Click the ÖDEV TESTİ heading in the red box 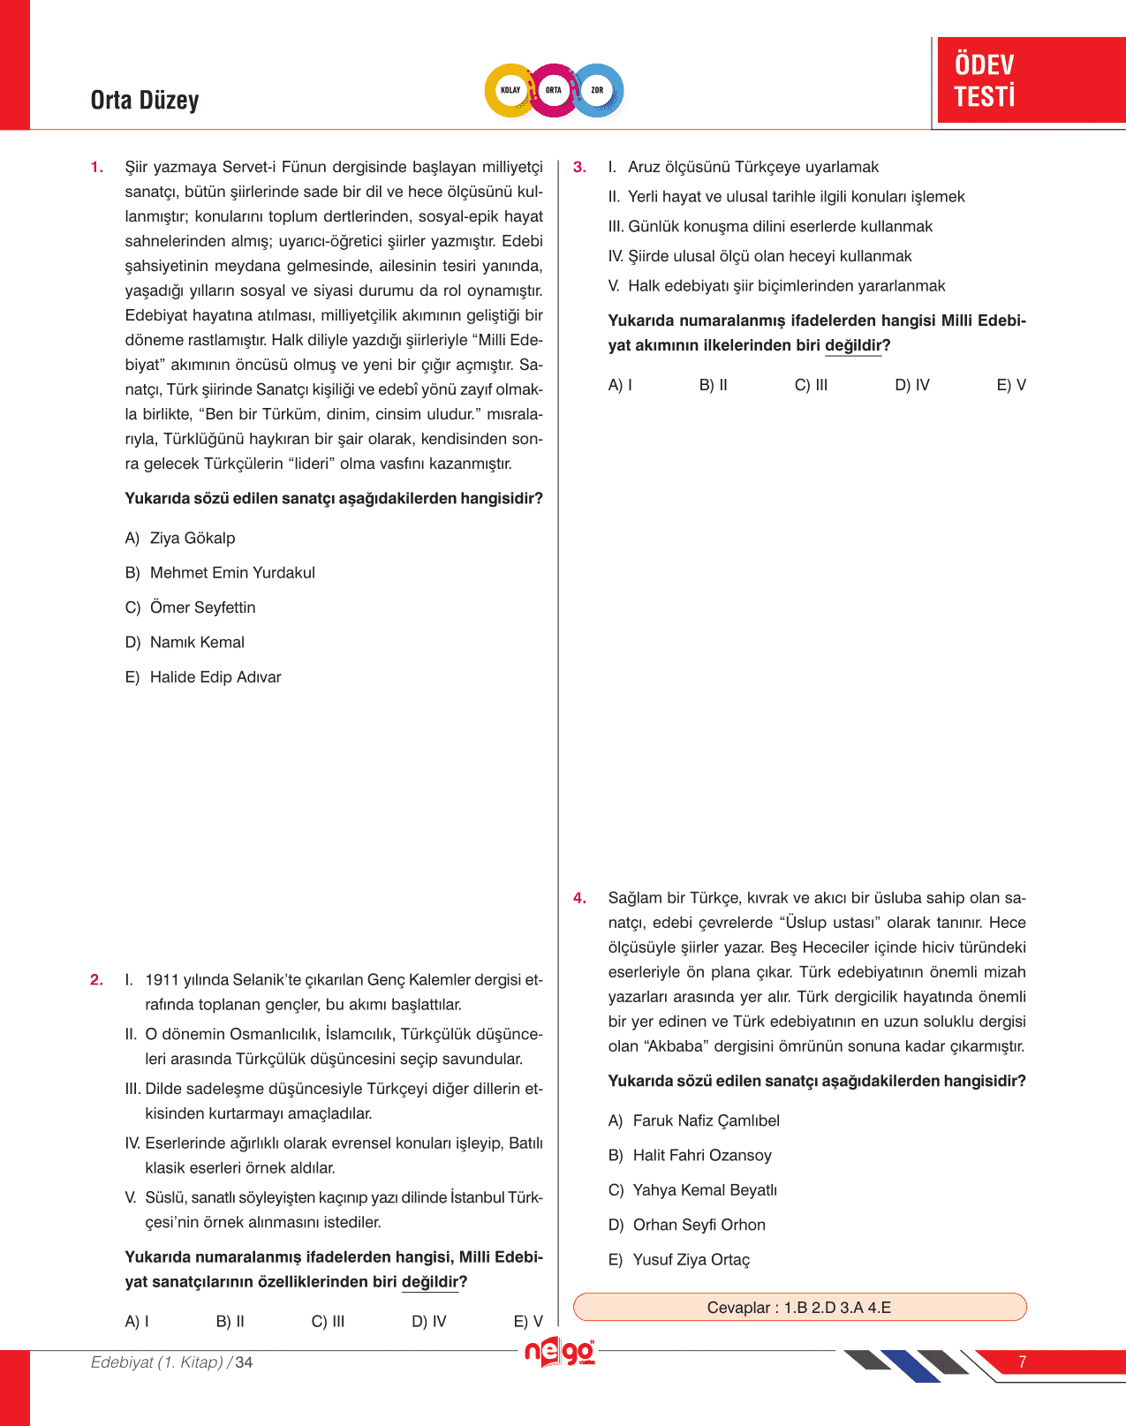pyautogui.click(x=985, y=80)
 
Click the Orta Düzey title pyautogui.click(x=145, y=101)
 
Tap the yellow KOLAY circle pyautogui.click(x=510, y=90)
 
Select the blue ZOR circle pyautogui.click(x=598, y=90)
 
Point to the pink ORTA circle pyautogui.click(x=554, y=90)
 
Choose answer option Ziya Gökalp pyautogui.click(x=192, y=539)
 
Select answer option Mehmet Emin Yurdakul pyautogui.click(x=231, y=573)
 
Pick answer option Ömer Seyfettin pyautogui.click(x=202, y=607)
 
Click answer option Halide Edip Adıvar pyautogui.click(x=215, y=677)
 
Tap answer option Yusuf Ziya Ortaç pyautogui.click(x=691, y=1260)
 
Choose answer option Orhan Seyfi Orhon pyautogui.click(x=699, y=1226)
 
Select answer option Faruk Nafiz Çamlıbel pyautogui.click(x=706, y=1121)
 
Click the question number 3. pyautogui.click(x=579, y=167)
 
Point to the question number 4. pyautogui.click(x=579, y=898)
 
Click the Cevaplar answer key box pyautogui.click(x=799, y=1308)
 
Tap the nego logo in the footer pyautogui.click(x=560, y=1353)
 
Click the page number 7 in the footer pyautogui.click(x=1022, y=1362)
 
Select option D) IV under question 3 pyautogui.click(x=912, y=385)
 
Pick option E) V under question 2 pyautogui.click(x=528, y=1322)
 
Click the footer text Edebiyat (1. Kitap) pyautogui.click(x=157, y=1362)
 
